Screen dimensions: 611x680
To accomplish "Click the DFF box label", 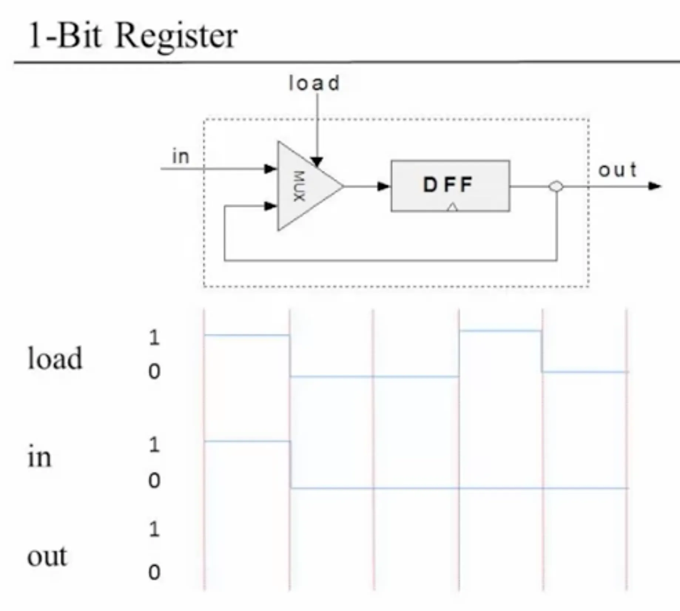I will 448,185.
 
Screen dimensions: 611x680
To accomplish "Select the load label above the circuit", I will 314,83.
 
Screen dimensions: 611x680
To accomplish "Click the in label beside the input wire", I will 181,156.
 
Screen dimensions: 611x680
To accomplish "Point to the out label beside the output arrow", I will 617,170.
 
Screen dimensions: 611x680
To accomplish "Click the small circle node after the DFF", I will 556,186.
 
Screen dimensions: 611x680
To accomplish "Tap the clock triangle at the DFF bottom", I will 452,207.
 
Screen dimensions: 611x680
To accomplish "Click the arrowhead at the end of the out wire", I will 654,186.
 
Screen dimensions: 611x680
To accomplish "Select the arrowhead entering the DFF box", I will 383,186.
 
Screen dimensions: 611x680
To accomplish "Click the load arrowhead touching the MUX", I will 317,162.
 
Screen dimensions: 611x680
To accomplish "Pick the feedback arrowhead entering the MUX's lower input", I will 270,206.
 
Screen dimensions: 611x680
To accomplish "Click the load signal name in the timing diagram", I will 55,358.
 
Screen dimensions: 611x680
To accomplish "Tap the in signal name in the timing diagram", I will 39,458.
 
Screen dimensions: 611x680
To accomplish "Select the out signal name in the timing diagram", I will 47,556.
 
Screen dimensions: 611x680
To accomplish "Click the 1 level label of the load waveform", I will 154,337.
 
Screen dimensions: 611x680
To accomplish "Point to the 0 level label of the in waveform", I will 154,480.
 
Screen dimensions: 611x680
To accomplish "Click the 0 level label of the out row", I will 154,572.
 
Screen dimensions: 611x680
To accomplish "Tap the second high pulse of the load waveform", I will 500,331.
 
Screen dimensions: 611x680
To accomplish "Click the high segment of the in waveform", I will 247,441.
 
